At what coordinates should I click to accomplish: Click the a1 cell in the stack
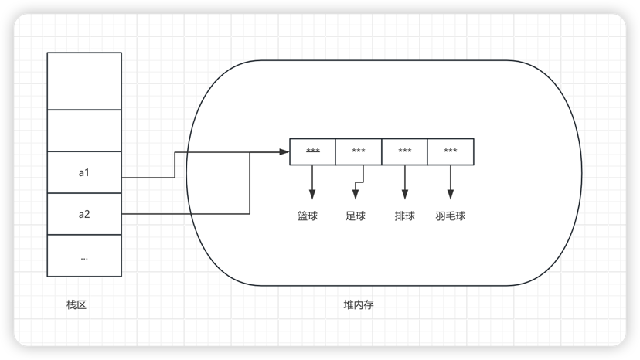point(84,172)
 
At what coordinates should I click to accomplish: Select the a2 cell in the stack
point(84,213)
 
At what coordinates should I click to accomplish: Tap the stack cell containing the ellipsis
point(84,256)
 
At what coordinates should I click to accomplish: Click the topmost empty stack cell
point(84,80)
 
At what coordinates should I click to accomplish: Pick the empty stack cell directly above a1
point(84,131)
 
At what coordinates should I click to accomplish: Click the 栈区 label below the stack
point(77,305)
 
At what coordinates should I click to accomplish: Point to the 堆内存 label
point(359,305)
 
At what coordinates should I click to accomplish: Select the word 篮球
point(308,216)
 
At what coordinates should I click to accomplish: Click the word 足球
point(356,216)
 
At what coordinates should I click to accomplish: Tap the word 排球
point(404,216)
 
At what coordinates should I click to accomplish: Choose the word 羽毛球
point(451,216)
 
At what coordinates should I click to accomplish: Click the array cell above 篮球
point(313,151)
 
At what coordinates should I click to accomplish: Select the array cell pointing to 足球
point(359,151)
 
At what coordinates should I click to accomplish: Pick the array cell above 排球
point(404,151)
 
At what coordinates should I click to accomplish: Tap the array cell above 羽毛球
point(451,151)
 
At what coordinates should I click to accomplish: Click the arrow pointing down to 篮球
point(313,184)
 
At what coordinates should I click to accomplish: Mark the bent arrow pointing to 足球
point(357,185)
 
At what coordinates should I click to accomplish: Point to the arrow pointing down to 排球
point(405,184)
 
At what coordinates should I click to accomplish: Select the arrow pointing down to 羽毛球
point(451,184)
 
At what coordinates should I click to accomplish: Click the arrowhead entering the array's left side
point(284,151)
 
